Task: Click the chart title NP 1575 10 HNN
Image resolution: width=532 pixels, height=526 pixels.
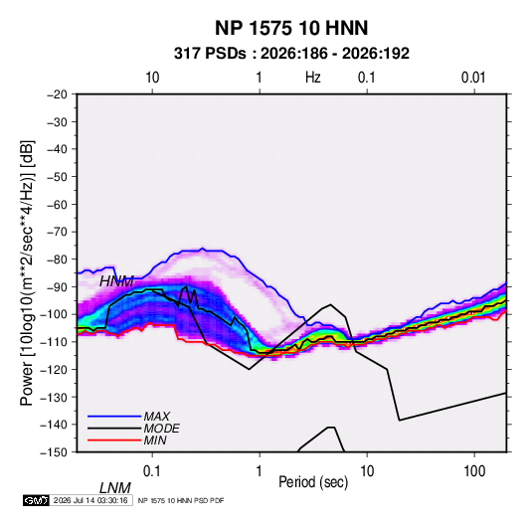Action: click(291, 28)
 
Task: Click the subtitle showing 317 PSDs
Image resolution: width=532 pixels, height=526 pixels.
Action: click(291, 54)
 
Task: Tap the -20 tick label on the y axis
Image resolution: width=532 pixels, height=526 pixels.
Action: click(57, 94)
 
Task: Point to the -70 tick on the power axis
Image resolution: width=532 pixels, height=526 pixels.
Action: click(57, 232)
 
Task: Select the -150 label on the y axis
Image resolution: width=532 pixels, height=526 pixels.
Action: click(54, 452)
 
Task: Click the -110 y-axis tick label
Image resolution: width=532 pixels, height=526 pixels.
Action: click(54, 342)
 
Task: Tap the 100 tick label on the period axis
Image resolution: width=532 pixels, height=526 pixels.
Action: click(474, 471)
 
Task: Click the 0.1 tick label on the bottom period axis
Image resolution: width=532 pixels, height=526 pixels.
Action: click(152, 471)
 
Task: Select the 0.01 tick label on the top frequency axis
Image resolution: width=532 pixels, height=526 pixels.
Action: click(473, 78)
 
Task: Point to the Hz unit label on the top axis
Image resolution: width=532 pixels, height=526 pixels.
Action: click(313, 78)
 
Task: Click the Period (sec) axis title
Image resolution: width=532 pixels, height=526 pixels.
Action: click(313, 482)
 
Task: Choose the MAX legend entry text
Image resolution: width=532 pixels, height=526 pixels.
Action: click(157, 417)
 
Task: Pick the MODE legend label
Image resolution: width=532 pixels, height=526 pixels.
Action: click(161, 429)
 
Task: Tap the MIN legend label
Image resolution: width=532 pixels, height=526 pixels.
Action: click(155, 440)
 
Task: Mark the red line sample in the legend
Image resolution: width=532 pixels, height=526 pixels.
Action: click(114, 440)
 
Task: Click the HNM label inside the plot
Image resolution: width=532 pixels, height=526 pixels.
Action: click(116, 281)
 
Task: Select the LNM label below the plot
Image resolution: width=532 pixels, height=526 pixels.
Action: click(115, 488)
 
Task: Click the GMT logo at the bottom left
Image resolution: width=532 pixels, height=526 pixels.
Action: click(37, 500)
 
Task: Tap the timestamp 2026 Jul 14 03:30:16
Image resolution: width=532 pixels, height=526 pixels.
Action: click(90, 500)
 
